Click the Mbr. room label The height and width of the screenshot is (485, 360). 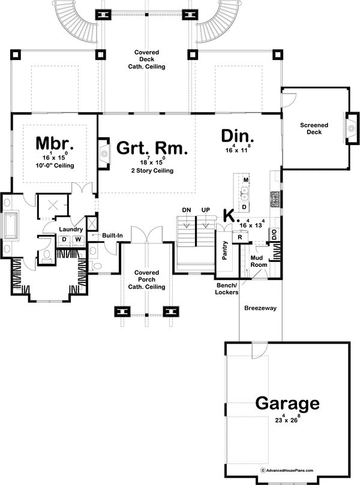coord(54,143)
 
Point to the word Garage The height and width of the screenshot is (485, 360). coord(287,402)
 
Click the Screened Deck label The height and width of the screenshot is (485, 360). coord(314,128)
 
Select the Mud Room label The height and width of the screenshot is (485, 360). coord(259,261)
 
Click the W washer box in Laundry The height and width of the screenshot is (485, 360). coord(77,240)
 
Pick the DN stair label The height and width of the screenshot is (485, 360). coord(186,209)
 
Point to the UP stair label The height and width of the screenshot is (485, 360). coord(205,209)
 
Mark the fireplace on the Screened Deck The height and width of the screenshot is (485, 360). coord(349,123)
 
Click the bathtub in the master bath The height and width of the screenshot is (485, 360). coord(12,224)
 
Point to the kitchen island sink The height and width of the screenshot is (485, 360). coord(245,192)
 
